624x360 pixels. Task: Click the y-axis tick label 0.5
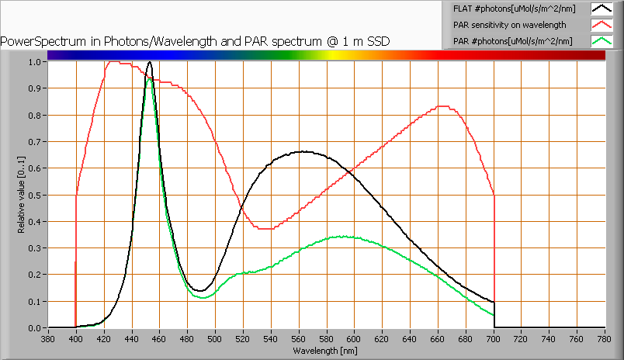pos(35,195)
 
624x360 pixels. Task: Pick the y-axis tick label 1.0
pos(35,62)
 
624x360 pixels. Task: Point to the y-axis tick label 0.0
pos(35,327)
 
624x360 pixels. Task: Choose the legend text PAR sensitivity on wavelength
pos(504,25)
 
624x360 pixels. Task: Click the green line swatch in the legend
pos(601,40)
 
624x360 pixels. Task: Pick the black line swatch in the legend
pos(601,9)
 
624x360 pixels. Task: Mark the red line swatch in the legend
pos(601,25)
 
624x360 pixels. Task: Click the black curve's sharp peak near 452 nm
pos(149,62)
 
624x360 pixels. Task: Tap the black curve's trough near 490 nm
pos(199,291)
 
